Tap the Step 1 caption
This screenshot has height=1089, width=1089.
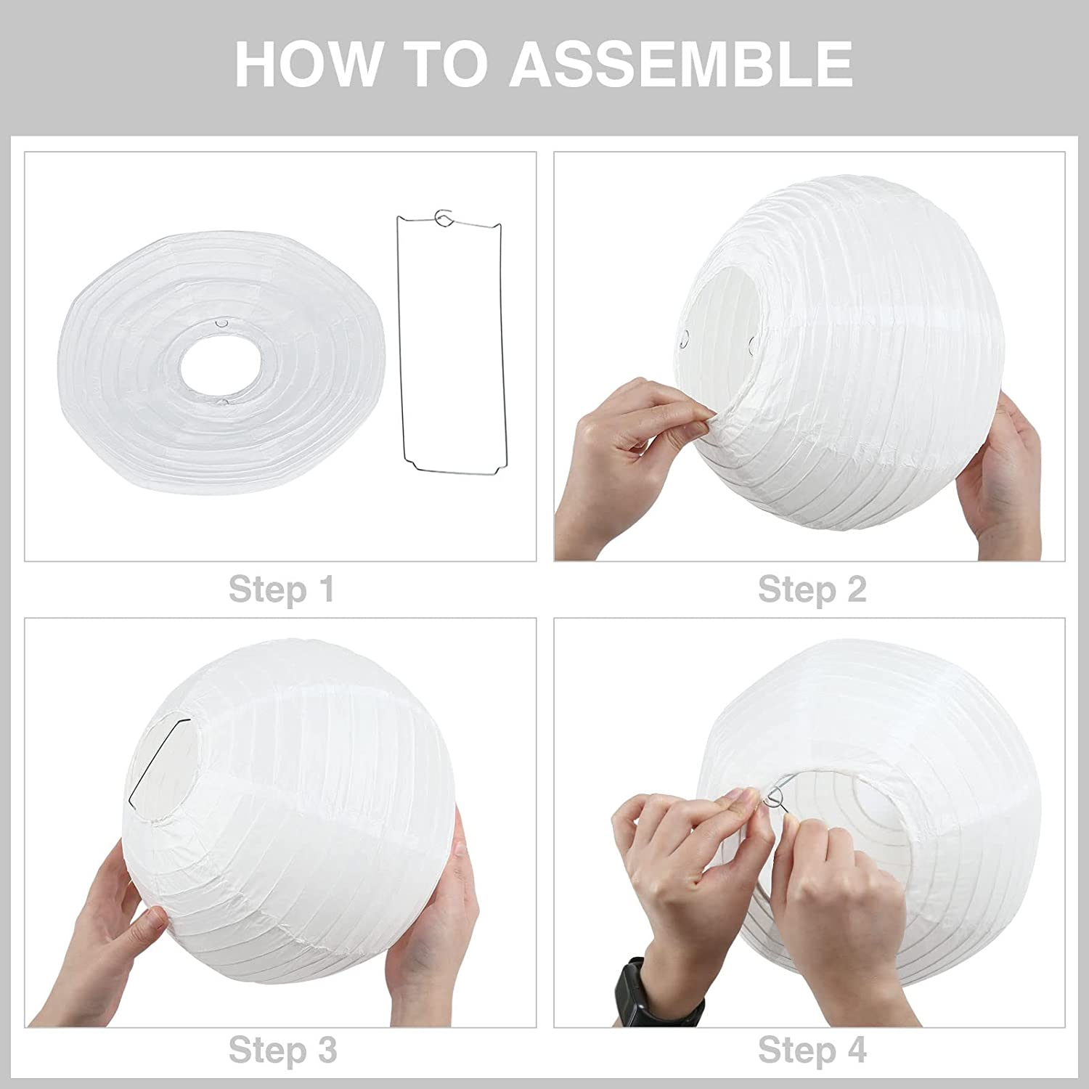coord(282,589)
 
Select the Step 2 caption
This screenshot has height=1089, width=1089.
coord(812,589)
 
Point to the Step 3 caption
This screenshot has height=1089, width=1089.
coord(282,1050)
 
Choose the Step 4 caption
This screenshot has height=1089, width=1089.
coord(812,1050)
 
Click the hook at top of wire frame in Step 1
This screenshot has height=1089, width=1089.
coord(443,217)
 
